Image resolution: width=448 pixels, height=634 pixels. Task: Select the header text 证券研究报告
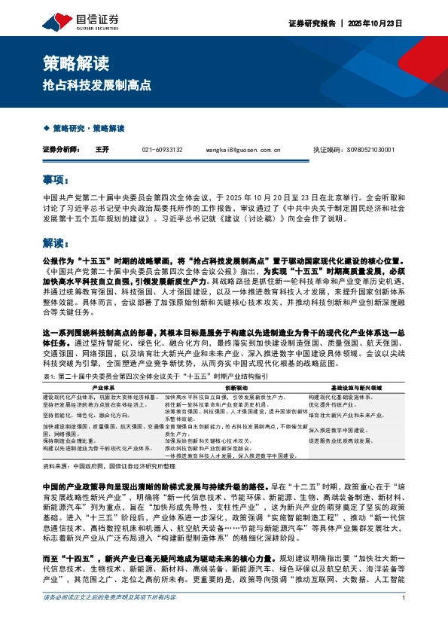310,23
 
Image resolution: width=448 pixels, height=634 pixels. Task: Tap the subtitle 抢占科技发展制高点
97,86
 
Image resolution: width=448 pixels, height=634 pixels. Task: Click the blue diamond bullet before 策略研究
46,129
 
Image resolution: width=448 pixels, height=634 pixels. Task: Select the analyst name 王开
102,150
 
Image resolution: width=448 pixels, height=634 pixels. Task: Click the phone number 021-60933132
162,150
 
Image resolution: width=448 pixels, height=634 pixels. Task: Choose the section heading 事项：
56,180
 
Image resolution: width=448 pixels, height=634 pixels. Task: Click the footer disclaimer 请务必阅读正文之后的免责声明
110,619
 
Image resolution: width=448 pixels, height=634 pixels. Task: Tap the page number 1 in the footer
404,619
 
